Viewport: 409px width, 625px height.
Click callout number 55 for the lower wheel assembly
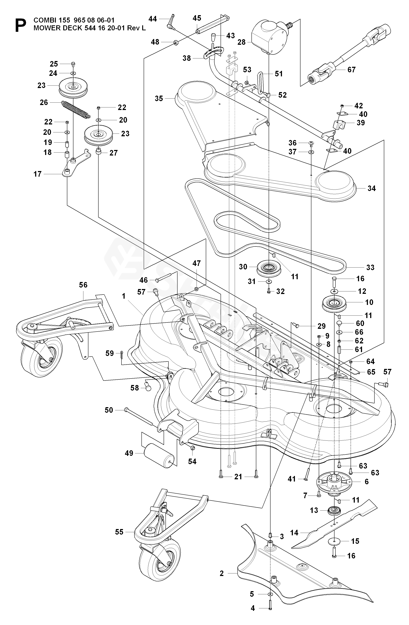[x=119, y=532]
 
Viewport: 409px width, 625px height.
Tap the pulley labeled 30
[x=268, y=268]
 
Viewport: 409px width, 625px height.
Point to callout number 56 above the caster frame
[x=83, y=285]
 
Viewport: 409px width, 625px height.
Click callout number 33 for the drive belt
[x=370, y=267]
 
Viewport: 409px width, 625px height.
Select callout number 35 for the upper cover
[x=159, y=99]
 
